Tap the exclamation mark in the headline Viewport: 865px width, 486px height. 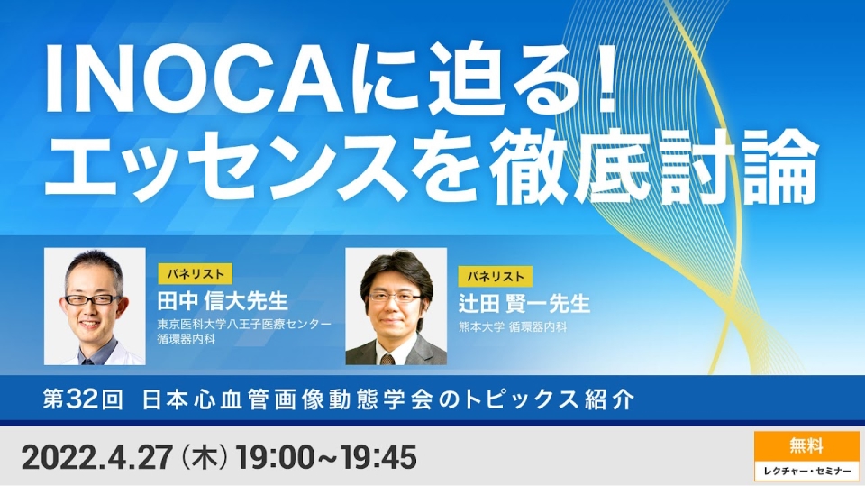(607, 78)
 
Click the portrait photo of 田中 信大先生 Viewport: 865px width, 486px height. (95, 306)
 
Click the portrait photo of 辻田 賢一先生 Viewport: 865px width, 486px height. (396, 306)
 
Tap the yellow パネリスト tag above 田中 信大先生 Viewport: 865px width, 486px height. (196, 274)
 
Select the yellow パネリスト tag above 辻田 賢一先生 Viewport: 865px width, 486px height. (496, 276)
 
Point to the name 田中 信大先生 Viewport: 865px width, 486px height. (223, 301)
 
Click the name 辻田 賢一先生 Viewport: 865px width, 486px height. (524, 304)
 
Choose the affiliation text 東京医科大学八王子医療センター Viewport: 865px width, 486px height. (244, 325)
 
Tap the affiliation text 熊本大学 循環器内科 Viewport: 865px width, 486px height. (513, 327)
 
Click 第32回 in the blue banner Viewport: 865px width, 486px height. (83, 399)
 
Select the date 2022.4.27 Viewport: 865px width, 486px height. (96, 458)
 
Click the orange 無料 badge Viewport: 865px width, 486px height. (806, 446)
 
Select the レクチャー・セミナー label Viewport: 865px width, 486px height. (806, 471)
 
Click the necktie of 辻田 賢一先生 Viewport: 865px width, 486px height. (387, 359)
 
